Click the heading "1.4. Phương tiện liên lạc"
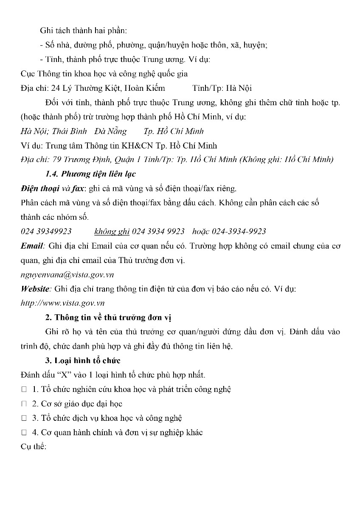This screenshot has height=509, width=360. click(90, 174)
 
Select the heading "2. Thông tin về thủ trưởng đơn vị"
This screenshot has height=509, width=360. click(108, 317)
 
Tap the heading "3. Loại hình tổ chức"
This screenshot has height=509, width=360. click(83, 361)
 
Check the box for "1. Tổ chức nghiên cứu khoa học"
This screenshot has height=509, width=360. click(24, 389)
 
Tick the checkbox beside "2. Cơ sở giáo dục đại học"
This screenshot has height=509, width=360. click(24, 404)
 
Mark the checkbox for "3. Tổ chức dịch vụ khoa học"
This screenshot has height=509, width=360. click(24, 418)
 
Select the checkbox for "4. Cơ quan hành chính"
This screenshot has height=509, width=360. click(24, 433)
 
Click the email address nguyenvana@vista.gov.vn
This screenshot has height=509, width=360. click(67, 274)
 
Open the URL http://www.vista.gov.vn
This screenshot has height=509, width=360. click(62, 303)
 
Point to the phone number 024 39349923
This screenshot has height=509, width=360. click(46, 231)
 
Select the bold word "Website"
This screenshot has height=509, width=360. click(35, 289)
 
